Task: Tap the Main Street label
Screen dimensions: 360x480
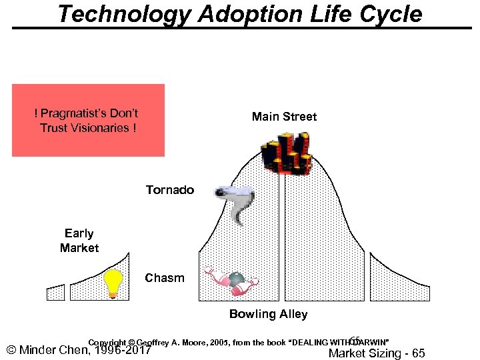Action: click(x=284, y=117)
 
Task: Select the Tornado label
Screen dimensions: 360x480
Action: click(x=170, y=190)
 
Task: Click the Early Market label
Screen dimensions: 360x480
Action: click(x=79, y=241)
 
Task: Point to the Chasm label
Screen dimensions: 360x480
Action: click(x=165, y=278)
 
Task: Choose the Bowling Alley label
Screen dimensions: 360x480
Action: click(x=268, y=314)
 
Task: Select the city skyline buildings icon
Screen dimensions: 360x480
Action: click(x=287, y=153)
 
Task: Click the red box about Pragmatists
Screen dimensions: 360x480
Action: click(x=88, y=120)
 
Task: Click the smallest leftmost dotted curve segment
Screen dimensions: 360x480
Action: click(x=55, y=293)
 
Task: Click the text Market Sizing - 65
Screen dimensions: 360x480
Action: click(x=377, y=353)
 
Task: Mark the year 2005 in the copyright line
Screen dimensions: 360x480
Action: click(x=217, y=343)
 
